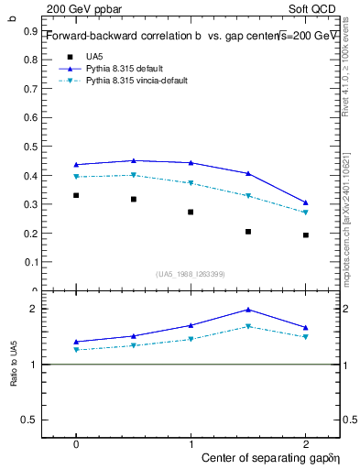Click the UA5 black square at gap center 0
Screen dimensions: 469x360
coord(76,195)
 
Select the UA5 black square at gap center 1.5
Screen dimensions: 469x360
coord(248,232)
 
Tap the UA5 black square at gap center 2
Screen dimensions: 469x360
coord(306,235)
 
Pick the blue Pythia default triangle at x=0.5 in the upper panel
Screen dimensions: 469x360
coord(134,160)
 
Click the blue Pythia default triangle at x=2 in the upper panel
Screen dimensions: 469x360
coord(306,202)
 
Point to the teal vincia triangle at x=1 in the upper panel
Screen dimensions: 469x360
coord(191,183)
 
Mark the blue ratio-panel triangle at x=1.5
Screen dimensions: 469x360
coord(248,310)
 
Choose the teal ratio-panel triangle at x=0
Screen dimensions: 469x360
coord(76,350)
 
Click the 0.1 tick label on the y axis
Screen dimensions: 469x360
coord(32,262)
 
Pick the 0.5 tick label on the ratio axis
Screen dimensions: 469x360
coord(32,420)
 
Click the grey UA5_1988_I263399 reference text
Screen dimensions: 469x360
coord(191,274)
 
